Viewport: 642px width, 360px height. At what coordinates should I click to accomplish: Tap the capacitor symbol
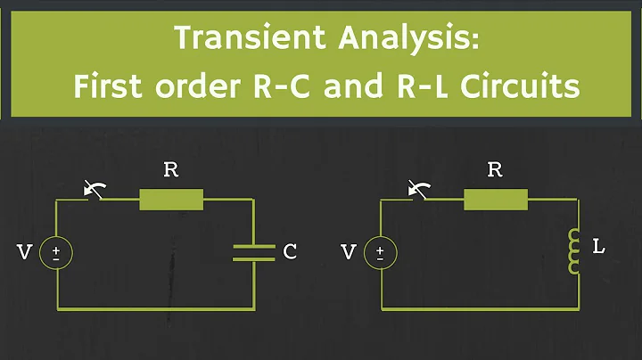click(254, 253)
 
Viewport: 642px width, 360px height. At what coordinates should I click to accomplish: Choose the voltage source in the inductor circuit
click(383, 253)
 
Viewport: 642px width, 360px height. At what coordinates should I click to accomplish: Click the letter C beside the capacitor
click(290, 253)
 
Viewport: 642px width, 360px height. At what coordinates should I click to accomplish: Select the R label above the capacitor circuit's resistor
click(171, 170)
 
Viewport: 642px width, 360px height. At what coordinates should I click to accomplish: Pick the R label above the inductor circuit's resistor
click(496, 170)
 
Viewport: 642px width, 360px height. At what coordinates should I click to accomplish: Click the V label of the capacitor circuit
click(24, 253)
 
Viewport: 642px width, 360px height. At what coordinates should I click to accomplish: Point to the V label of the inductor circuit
click(349, 253)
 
